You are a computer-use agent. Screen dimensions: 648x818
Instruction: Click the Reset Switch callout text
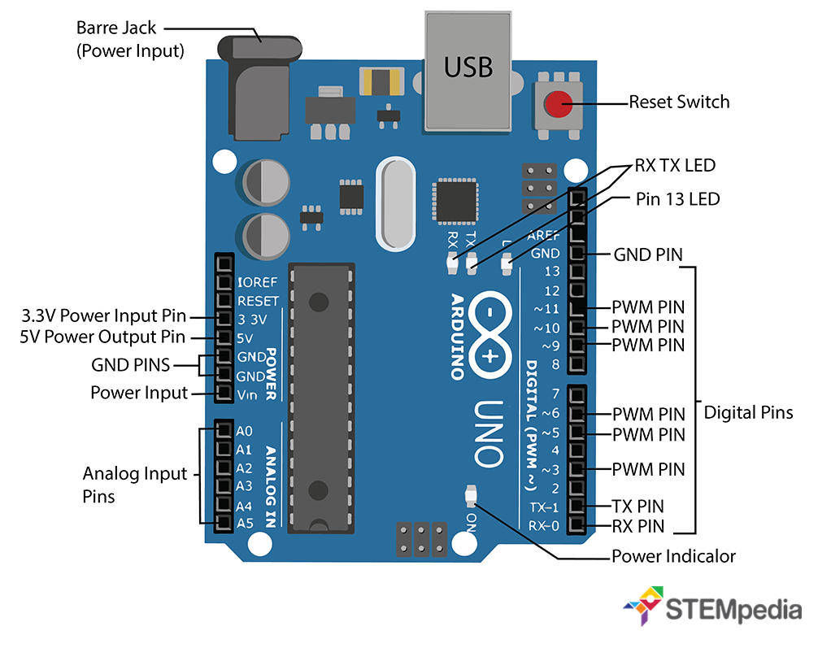[679, 102]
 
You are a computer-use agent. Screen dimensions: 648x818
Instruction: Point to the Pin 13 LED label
[677, 198]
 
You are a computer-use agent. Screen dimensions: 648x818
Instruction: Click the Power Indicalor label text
[673, 557]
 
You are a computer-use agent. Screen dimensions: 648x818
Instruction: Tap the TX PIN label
[637, 506]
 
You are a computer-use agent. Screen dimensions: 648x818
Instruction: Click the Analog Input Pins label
[135, 485]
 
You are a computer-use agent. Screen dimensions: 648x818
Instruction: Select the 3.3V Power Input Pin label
[104, 316]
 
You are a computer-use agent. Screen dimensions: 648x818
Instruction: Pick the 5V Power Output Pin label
[102, 337]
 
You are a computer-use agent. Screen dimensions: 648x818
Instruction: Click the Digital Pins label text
[747, 413]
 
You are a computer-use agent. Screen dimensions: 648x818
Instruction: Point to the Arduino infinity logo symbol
[491, 336]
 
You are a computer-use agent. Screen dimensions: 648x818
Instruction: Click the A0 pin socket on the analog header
[223, 430]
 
